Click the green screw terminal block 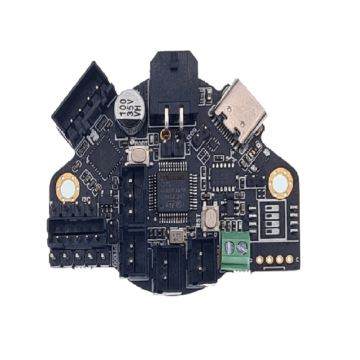point(235,253)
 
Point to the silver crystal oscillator point(176,236)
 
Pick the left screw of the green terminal point(230,246)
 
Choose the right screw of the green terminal point(243,246)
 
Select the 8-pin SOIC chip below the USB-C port point(224,176)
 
